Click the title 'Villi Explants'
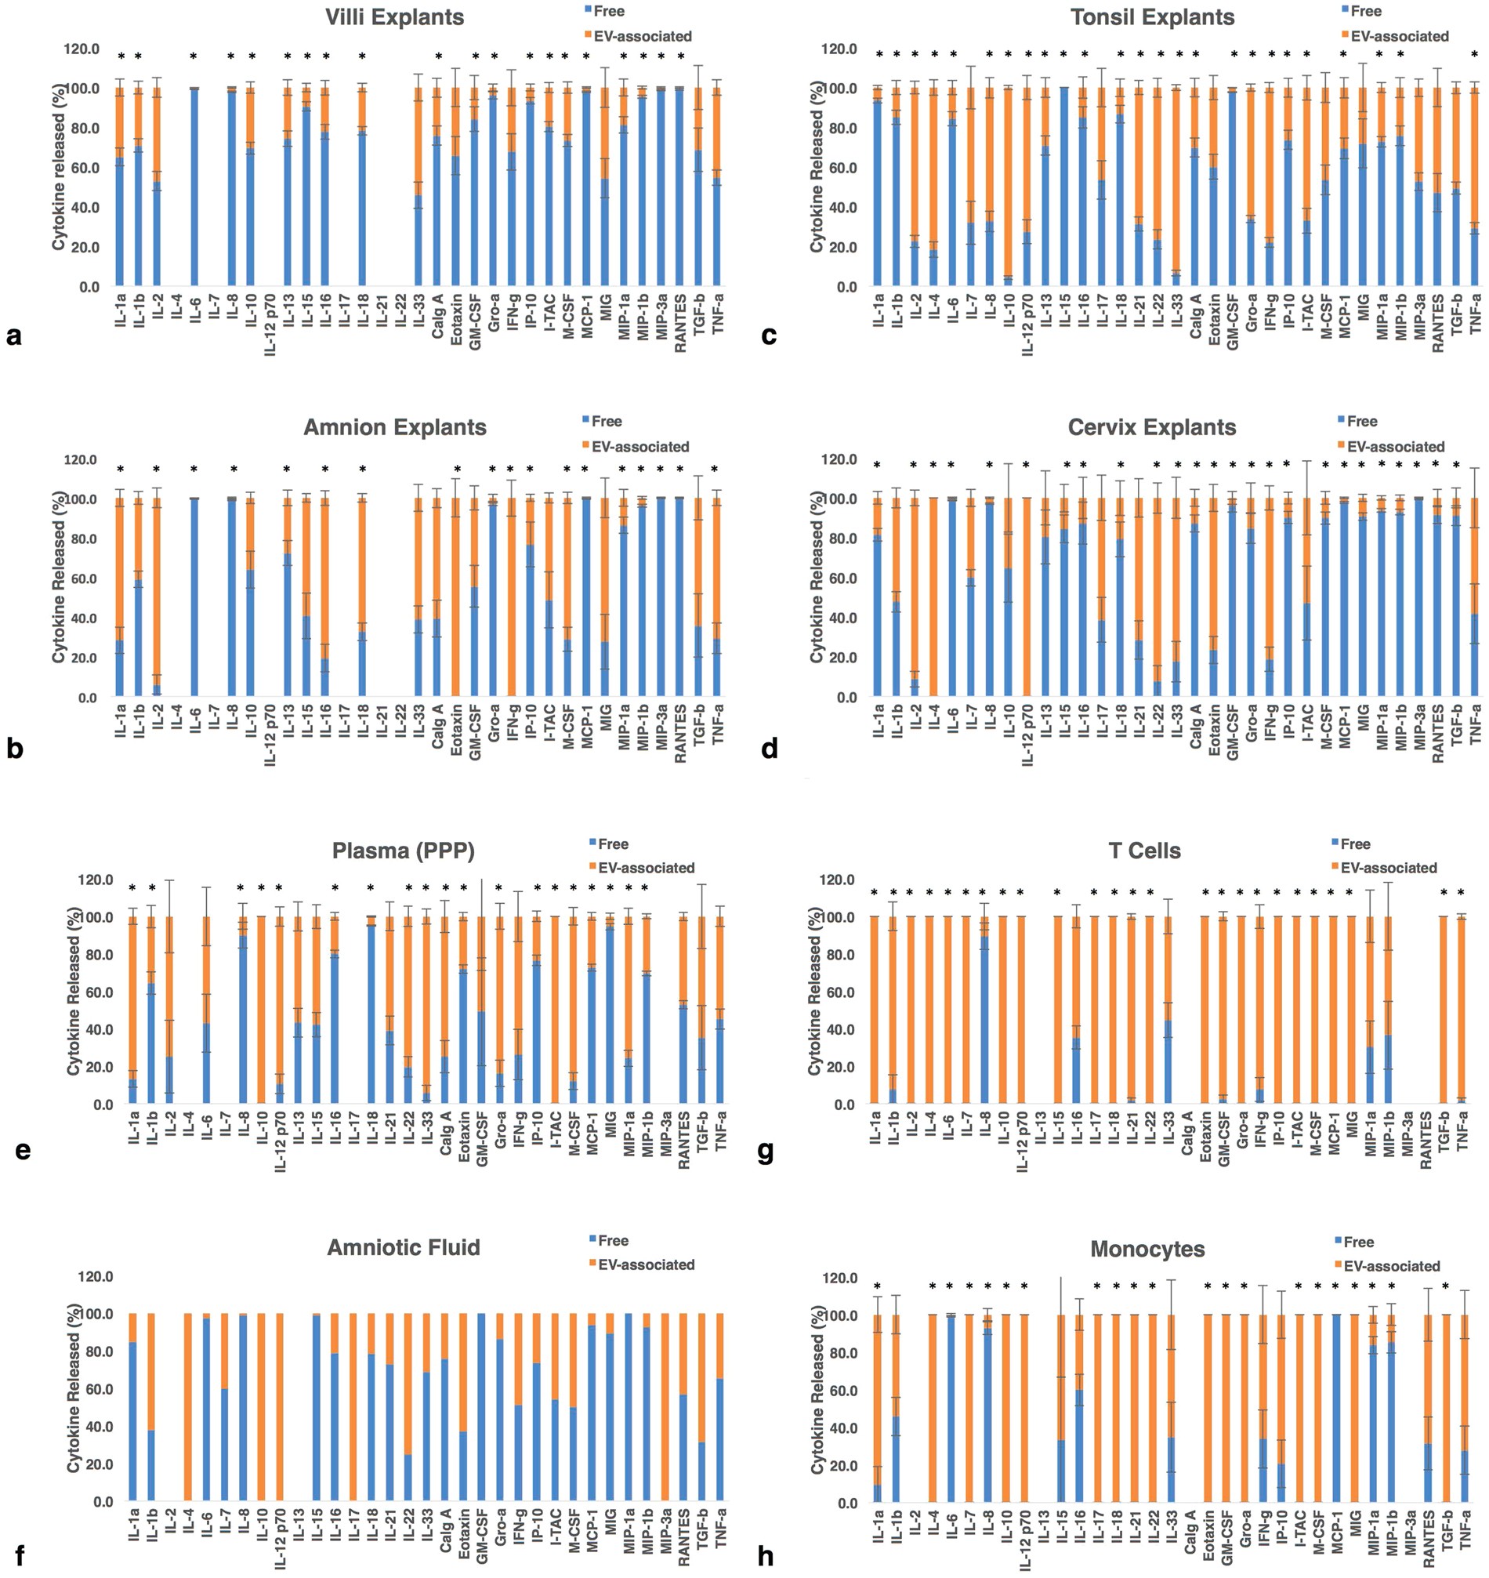394,16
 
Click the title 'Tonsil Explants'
1152,16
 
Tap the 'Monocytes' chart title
1147,1250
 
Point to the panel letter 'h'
765,1558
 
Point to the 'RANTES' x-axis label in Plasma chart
683,1144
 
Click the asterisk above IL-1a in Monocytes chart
877,1286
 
